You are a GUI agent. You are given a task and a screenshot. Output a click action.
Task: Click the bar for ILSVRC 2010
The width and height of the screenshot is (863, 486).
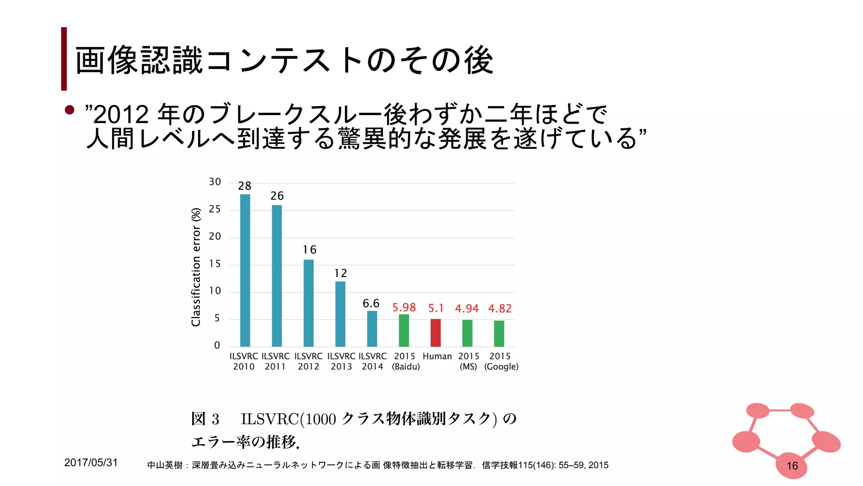(x=245, y=270)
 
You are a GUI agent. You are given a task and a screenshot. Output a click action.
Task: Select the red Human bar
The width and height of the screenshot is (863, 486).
(x=435, y=332)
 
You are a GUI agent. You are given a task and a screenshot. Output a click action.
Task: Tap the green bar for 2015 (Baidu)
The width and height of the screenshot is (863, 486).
(x=404, y=330)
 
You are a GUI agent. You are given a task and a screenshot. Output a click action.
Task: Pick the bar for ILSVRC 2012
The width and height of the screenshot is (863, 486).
(x=308, y=303)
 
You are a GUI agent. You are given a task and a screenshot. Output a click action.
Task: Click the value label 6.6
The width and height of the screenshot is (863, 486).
(x=371, y=303)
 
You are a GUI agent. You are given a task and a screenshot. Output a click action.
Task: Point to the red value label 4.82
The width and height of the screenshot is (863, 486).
(x=500, y=308)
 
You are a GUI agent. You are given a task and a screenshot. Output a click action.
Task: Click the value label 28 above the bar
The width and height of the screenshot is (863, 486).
(x=244, y=186)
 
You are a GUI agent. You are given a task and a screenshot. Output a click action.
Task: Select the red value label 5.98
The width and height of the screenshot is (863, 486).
(x=404, y=307)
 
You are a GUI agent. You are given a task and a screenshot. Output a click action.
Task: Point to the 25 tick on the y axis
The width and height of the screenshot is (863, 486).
(x=215, y=209)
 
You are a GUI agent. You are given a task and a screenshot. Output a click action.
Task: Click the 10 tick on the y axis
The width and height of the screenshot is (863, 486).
(x=215, y=291)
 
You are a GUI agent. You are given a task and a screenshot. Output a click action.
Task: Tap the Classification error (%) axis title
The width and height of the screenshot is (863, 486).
(x=196, y=267)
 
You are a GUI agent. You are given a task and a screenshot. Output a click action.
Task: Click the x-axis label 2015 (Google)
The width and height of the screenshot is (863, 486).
(x=501, y=361)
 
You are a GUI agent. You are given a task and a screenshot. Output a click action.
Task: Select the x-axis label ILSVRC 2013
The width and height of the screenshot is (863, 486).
(x=341, y=361)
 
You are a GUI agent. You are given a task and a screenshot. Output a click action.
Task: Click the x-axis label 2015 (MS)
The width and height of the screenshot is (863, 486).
(x=469, y=361)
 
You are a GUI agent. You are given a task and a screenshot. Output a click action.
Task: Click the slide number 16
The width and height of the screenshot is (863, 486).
(x=792, y=466)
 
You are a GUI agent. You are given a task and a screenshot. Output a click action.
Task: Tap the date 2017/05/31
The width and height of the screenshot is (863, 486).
(x=91, y=462)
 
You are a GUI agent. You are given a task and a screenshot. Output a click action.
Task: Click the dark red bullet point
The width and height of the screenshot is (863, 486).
(x=70, y=110)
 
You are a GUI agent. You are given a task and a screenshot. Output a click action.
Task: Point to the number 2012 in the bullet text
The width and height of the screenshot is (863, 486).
(x=121, y=114)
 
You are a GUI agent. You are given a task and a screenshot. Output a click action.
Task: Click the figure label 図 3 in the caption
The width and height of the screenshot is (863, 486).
(x=205, y=419)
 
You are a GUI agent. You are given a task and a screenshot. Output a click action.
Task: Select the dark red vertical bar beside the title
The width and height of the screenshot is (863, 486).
(x=64, y=59)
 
